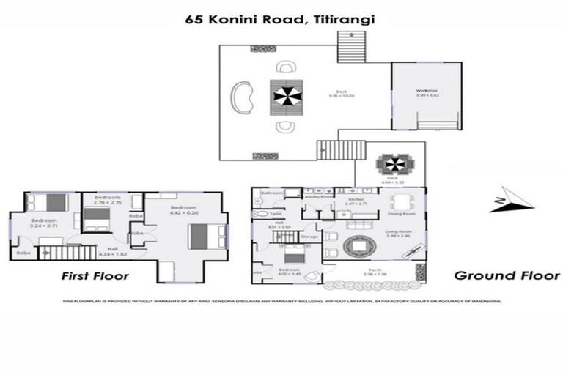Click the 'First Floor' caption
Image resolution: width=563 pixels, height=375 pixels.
click(95, 276)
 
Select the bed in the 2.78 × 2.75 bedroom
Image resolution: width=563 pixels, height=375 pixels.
click(95, 218)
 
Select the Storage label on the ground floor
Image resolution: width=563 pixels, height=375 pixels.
click(309, 237)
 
